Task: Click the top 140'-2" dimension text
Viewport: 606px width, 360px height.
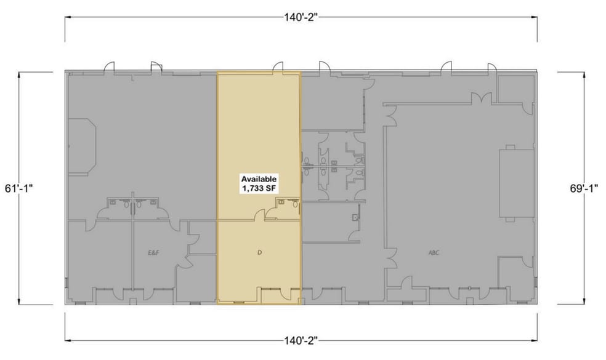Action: (301, 18)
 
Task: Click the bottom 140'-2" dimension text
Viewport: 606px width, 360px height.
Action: (301, 340)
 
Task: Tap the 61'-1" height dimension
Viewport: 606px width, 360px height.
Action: (19, 188)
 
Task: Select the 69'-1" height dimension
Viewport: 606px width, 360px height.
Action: (584, 188)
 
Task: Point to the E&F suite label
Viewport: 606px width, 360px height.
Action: (154, 253)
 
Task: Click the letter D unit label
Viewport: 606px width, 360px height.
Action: (260, 253)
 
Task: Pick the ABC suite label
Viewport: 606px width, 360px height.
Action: (434, 253)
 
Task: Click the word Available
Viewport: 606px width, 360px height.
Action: (259, 179)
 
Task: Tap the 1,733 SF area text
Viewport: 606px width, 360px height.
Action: (259, 188)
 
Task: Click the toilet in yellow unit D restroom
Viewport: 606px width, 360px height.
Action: (296, 204)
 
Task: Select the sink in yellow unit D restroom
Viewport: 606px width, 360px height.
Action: (281, 202)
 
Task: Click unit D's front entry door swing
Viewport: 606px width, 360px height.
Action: (286, 294)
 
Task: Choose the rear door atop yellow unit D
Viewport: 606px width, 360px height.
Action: (278, 67)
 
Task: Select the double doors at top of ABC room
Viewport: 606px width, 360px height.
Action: (481, 98)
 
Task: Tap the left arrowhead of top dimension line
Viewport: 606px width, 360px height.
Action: (67, 17)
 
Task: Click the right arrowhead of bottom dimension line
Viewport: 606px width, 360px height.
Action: (535, 340)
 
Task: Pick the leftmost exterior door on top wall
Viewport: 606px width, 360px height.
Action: (109, 67)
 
